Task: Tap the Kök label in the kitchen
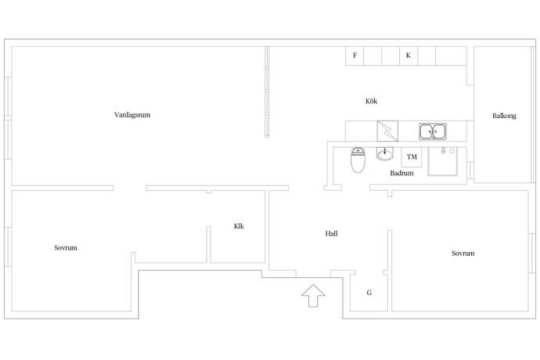372,102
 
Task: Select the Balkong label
504,116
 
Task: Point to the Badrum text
401,174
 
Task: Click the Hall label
332,233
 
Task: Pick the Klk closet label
239,226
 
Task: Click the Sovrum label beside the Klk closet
66,247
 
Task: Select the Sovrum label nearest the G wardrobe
463,254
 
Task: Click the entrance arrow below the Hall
313,297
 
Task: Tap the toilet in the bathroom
358,161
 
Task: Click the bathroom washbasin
385,153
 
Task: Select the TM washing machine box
412,157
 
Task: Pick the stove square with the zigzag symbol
387,130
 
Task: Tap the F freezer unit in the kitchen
355,56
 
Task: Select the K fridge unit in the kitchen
409,56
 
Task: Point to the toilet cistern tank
358,152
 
